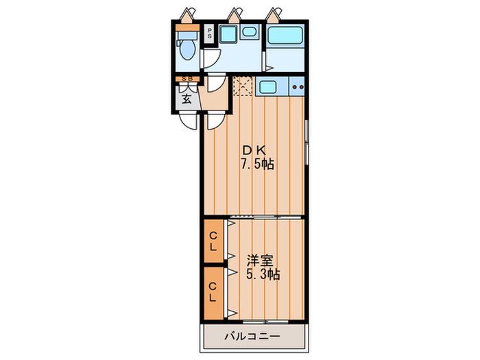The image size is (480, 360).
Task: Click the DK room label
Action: click(x=254, y=150)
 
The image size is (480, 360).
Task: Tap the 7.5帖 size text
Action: click(x=257, y=165)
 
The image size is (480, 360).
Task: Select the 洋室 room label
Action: click(x=260, y=261)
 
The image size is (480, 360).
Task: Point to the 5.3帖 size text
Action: click(x=263, y=274)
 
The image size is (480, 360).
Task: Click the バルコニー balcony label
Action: click(x=252, y=337)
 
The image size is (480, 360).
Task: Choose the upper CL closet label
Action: click(x=213, y=241)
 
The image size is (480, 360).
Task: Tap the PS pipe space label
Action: click(x=210, y=33)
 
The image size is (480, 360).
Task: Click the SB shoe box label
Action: click(x=187, y=79)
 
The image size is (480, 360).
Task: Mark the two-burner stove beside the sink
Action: click(x=297, y=87)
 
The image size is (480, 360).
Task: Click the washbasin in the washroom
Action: click(x=248, y=32)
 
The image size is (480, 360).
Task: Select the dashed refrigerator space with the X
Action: click(x=243, y=86)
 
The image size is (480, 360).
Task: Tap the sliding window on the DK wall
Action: click(x=306, y=143)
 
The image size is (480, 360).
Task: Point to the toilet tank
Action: click(x=187, y=35)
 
